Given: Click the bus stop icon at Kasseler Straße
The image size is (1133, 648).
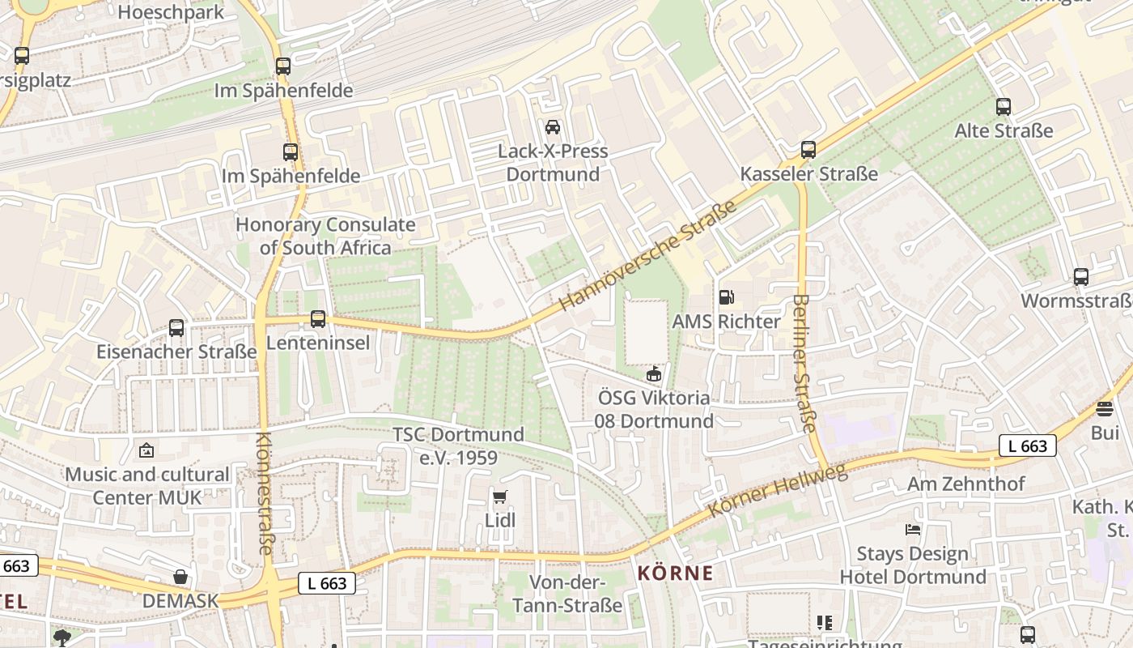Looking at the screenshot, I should point(808,150).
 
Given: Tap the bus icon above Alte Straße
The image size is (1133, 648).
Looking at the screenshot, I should point(1004,106).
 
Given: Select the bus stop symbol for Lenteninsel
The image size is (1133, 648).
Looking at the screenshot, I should point(318,319).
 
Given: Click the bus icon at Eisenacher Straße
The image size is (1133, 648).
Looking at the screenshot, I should point(176,328).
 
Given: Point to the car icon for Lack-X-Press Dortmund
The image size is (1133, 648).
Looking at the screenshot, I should point(553,127).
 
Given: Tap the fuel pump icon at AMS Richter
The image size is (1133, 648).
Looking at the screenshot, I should point(727,298).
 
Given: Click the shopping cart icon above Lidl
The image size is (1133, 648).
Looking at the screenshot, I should point(500,497).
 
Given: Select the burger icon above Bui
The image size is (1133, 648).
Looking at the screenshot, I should point(1105,409).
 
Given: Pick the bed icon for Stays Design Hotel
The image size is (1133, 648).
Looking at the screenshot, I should point(913,530).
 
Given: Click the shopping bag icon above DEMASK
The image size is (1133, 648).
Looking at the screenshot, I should point(180,577).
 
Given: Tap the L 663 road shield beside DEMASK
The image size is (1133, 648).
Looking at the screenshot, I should point(328,582).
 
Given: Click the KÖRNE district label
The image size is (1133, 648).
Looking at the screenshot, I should point(675,573).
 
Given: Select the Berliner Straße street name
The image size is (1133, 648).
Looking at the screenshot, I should point(804,363).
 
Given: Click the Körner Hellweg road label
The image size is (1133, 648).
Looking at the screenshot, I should point(778,490).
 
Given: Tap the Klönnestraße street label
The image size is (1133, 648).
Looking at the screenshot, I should point(265,493).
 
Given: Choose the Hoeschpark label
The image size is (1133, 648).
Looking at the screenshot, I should point(171,12).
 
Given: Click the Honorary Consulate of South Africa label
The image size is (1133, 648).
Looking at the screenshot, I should point(325,236).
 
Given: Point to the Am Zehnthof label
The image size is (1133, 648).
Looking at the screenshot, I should point(965,484).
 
